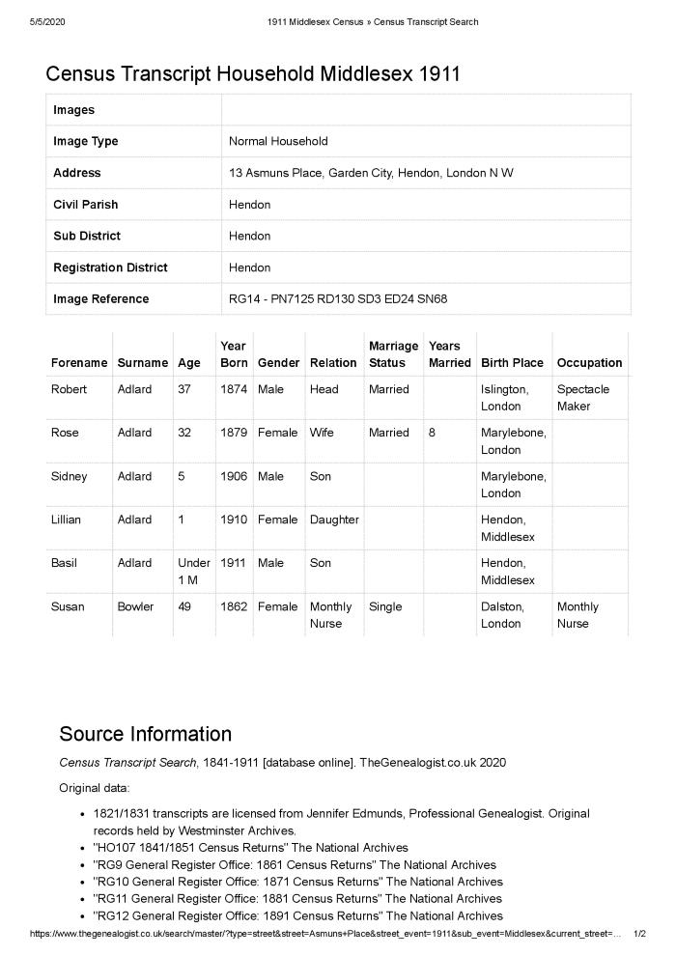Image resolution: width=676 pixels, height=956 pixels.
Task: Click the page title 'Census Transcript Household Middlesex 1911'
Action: (x=253, y=73)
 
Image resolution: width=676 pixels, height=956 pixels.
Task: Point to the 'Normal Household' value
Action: (x=278, y=141)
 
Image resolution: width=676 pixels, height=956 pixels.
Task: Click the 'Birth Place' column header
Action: (x=512, y=363)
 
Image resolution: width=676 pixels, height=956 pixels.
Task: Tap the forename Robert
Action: (x=69, y=389)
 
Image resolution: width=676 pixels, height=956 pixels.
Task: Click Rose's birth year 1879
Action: (x=234, y=433)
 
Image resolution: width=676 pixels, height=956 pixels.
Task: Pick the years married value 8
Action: (x=432, y=433)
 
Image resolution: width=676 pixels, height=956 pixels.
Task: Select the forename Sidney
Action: (x=69, y=476)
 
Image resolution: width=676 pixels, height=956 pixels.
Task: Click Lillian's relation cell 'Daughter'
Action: (x=333, y=520)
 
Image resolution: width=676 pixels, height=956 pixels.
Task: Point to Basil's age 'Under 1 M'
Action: (x=193, y=572)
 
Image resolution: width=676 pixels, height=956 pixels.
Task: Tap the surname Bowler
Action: (x=135, y=606)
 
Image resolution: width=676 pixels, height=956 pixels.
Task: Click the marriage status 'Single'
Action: (x=385, y=606)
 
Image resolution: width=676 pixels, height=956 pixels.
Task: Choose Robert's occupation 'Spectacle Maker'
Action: (x=582, y=397)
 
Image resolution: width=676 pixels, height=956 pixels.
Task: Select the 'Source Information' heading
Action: (x=145, y=733)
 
